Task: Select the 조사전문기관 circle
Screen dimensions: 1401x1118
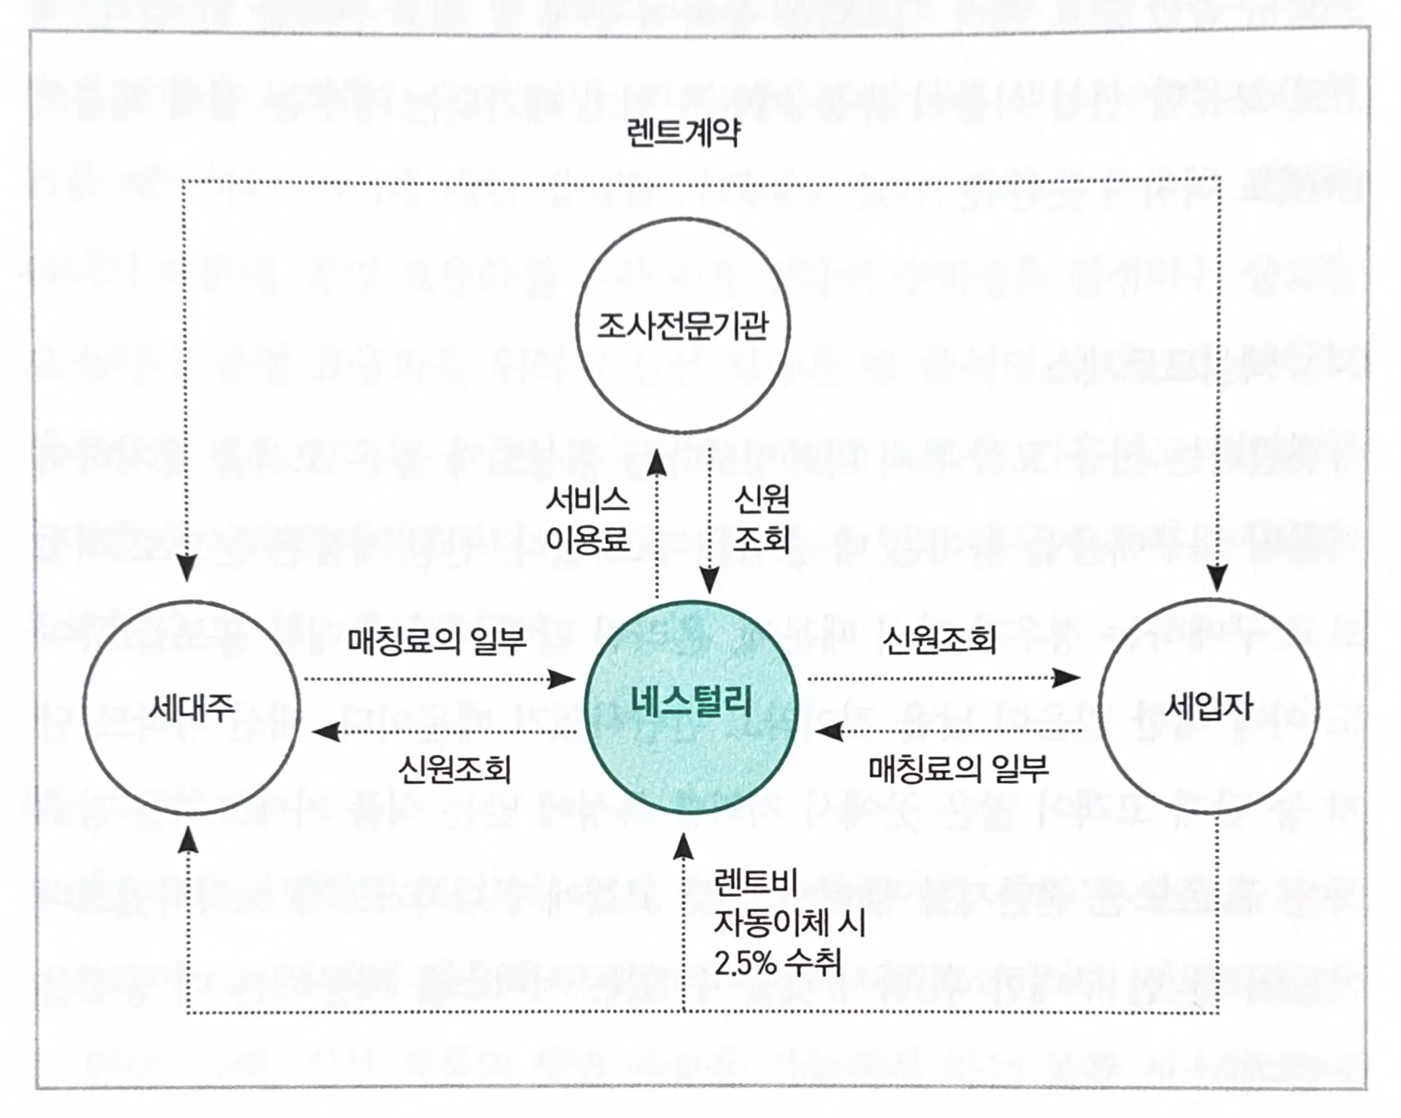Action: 682,326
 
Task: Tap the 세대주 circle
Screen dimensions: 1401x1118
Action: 191,707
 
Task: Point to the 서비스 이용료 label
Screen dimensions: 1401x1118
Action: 587,519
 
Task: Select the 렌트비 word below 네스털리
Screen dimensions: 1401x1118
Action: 756,882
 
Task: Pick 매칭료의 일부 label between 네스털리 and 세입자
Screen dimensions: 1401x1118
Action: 958,770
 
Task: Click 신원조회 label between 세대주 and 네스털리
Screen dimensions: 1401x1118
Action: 455,770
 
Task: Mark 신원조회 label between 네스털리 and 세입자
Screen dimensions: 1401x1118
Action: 939,640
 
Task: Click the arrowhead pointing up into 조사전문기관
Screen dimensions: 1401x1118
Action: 656,465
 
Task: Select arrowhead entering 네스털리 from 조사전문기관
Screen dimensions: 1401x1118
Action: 710,581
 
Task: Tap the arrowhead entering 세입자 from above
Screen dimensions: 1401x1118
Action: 1217,579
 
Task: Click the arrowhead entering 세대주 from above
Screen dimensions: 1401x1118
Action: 187,568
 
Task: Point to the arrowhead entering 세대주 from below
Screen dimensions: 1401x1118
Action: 188,839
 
